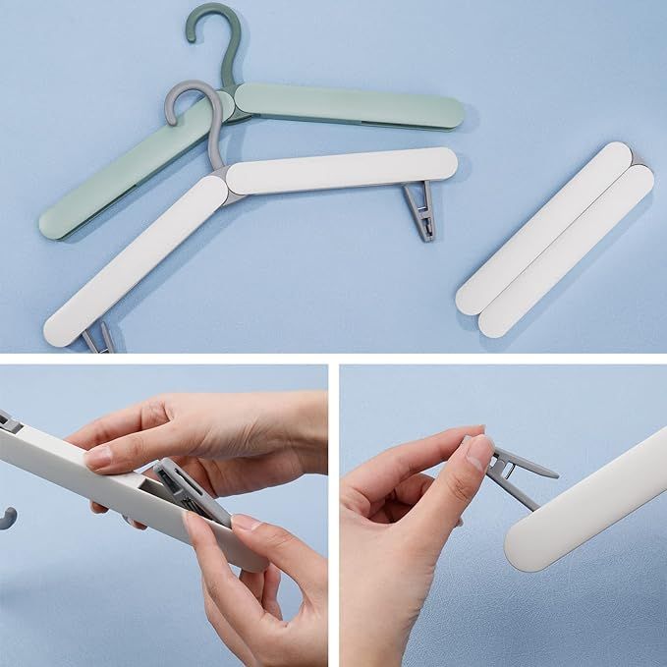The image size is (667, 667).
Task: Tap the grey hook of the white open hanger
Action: [182, 107]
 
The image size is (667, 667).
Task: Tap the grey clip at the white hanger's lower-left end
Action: [97, 341]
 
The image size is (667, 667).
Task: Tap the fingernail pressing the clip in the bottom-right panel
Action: [479, 449]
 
